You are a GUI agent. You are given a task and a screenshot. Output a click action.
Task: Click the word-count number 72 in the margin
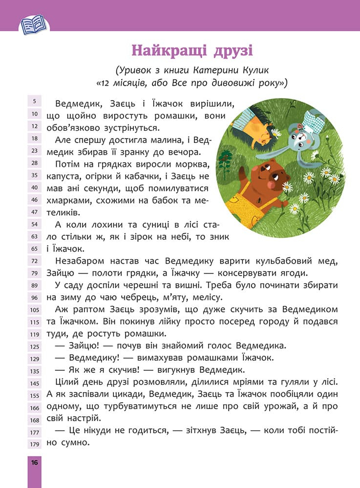point(35,262)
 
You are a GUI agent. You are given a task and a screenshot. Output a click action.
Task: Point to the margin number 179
point(35,444)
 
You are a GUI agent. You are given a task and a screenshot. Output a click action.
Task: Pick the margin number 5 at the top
point(35,102)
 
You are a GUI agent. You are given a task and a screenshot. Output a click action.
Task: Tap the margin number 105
point(35,309)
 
